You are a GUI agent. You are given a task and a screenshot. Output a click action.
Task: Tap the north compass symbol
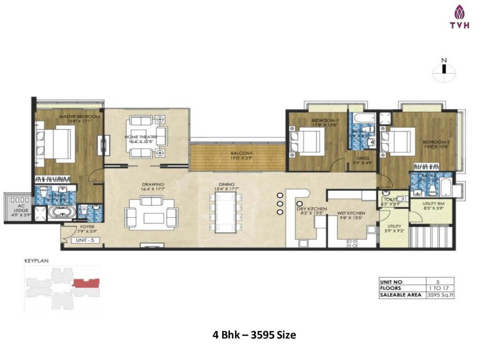coord(443,69)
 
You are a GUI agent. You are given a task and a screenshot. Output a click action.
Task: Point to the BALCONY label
coord(242,153)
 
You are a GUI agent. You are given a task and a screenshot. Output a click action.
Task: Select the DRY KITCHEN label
coord(311,209)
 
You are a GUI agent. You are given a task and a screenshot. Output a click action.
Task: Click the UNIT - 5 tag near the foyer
coord(85,240)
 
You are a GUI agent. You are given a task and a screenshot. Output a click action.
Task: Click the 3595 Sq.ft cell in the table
coord(440,295)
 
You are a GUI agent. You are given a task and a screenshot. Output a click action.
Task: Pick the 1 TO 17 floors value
coord(440,288)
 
